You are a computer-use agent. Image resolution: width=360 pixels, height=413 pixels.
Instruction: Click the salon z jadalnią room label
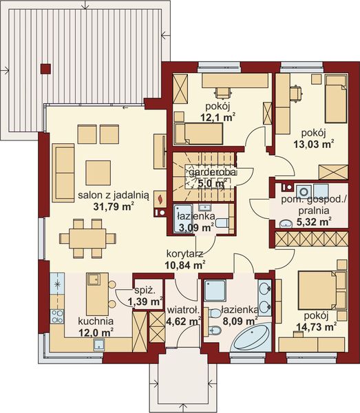click(105, 194)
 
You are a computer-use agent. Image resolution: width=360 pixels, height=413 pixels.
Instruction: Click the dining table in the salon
click(87, 238)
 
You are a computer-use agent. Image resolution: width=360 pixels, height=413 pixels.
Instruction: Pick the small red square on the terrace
click(45, 67)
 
